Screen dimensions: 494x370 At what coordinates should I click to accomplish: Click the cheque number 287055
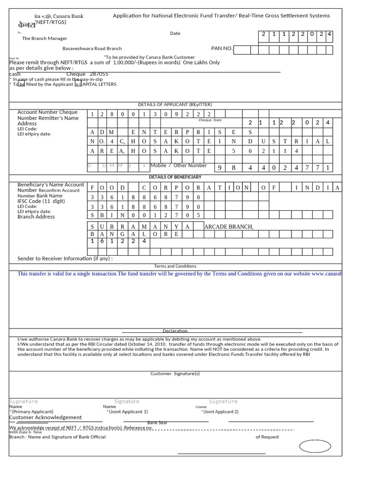click(x=99, y=74)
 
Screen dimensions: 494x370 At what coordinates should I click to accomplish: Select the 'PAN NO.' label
click(x=222, y=48)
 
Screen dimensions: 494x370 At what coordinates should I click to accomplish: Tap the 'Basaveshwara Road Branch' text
click(x=92, y=49)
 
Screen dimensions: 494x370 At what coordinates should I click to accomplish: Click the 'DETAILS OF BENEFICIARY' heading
click(x=175, y=177)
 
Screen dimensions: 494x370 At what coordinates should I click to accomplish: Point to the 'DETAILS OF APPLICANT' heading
click(x=175, y=105)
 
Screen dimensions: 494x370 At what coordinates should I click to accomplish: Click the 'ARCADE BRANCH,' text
click(x=229, y=227)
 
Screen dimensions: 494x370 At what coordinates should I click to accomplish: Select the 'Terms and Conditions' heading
click(x=175, y=266)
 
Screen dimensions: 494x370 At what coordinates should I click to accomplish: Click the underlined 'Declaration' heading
click(x=175, y=331)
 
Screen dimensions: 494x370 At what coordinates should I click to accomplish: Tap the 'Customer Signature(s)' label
click(x=175, y=373)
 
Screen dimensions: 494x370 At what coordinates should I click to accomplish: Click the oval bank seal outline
click(x=315, y=447)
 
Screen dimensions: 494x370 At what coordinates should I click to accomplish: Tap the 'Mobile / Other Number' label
click(x=178, y=165)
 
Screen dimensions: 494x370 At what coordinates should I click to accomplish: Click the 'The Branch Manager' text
click(x=45, y=39)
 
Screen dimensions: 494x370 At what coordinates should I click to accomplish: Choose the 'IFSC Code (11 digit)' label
click(x=41, y=201)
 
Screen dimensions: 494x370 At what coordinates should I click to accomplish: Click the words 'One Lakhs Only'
click(x=201, y=62)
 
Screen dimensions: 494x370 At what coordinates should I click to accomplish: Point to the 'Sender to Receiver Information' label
click(x=65, y=259)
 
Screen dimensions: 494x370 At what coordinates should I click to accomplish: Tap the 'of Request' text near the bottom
click(x=267, y=437)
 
